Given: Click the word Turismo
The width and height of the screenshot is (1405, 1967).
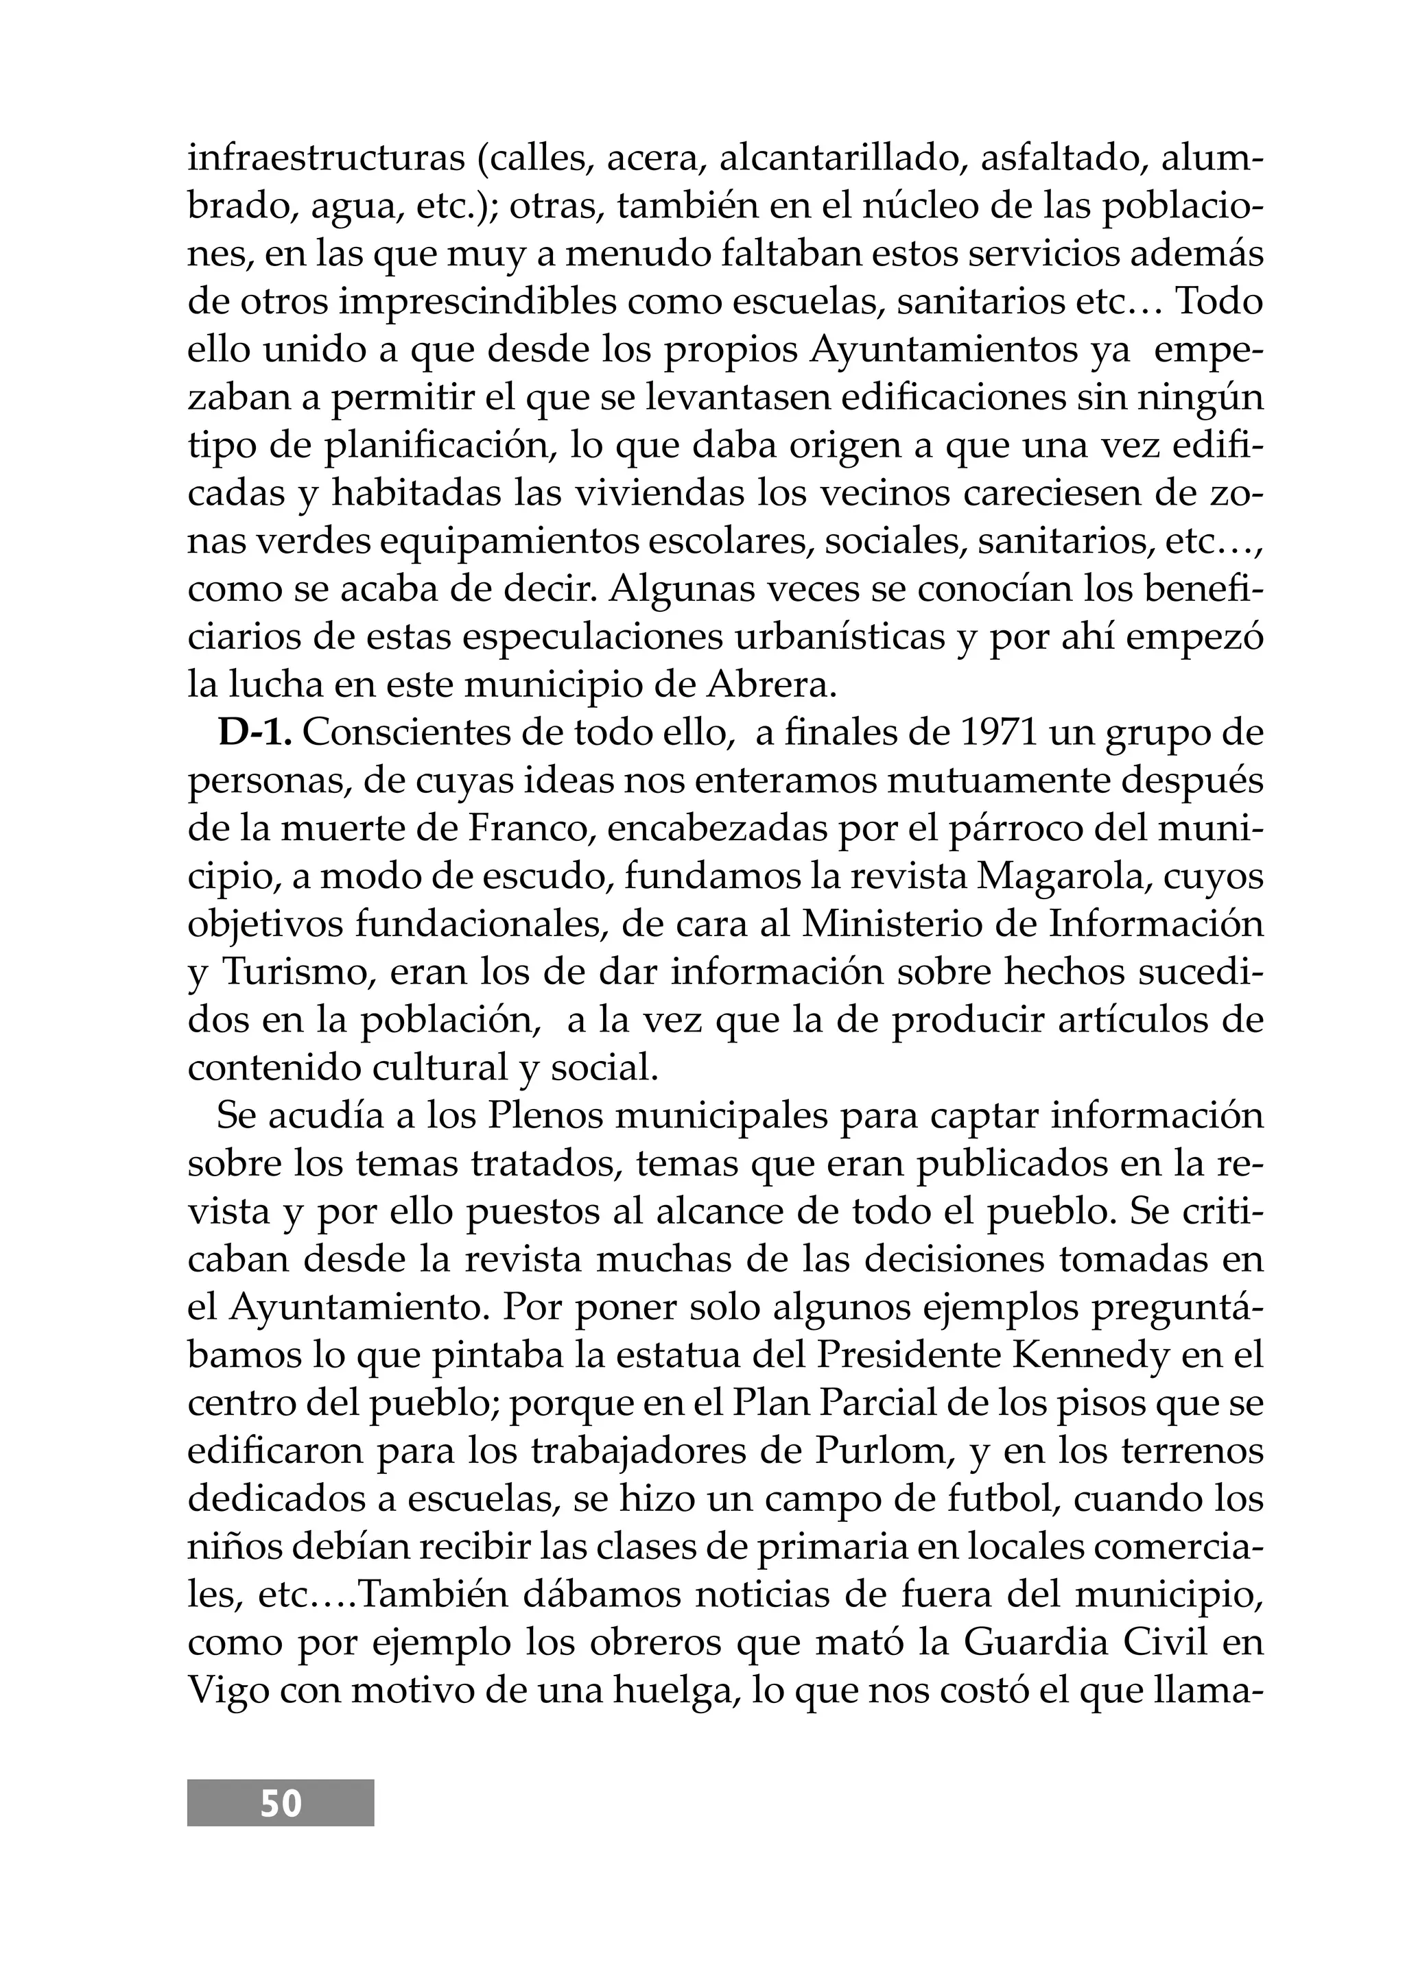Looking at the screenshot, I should point(283,973).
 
